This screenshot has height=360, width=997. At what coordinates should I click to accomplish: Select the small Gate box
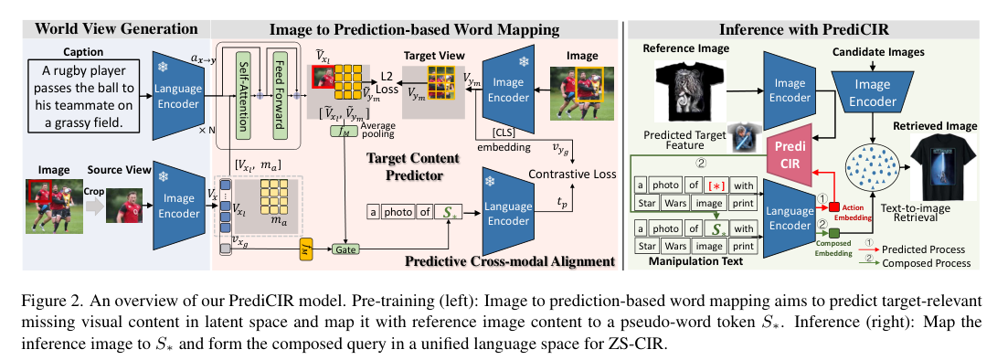tap(345, 248)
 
